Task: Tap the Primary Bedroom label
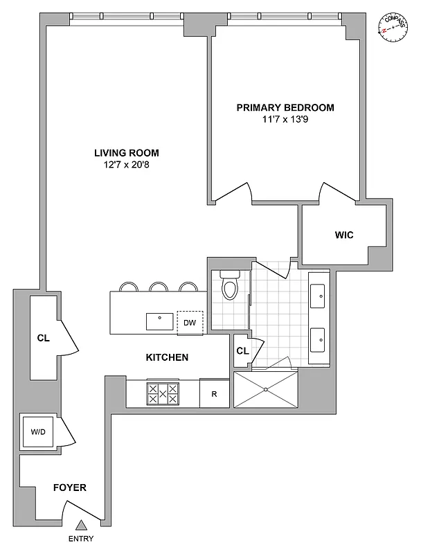pos(285,107)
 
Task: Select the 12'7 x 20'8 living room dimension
pos(127,165)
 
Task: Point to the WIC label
pos(343,235)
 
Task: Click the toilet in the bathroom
pos(229,285)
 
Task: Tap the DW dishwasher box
pos(189,323)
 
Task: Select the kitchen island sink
pos(159,321)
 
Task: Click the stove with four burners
pos(163,394)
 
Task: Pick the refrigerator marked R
pos(215,394)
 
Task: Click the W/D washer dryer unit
pos(37,432)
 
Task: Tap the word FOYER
pos(70,488)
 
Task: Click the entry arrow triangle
pos(80,527)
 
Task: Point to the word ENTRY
pos(80,539)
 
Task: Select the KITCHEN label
pos(167,357)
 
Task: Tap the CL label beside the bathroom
pos(242,350)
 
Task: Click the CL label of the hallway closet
pos(44,339)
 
